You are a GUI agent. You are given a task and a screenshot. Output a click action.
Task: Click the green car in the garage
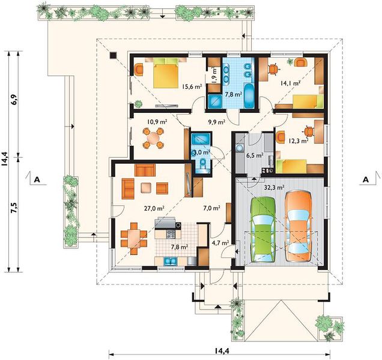[x=263, y=229]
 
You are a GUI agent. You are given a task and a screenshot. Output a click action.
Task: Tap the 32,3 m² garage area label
[x=274, y=187]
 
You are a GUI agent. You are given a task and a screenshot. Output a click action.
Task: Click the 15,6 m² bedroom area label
[x=192, y=86]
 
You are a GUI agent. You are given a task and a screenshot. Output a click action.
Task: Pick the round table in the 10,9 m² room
[x=153, y=138]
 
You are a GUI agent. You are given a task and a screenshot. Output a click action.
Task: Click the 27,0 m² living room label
[x=154, y=208]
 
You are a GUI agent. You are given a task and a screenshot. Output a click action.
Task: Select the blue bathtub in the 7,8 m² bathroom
[x=249, y=96]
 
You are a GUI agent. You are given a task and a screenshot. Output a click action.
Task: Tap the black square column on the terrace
[x=113, y=55]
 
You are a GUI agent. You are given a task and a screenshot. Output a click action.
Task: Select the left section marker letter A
[x=37, y=179]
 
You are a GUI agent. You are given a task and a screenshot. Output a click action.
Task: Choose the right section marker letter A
[x=366, y=179]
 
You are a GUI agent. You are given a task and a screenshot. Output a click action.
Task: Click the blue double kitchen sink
[x=171, y=261]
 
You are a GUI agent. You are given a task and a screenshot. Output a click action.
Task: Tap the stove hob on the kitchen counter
[x=171, y=234]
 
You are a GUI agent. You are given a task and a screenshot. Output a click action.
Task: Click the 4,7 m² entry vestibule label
[x=220, y=242]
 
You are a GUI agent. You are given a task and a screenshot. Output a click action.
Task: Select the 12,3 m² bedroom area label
[x=299, y=140]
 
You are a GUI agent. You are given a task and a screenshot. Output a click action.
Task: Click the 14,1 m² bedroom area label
[x=290, y=83]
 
